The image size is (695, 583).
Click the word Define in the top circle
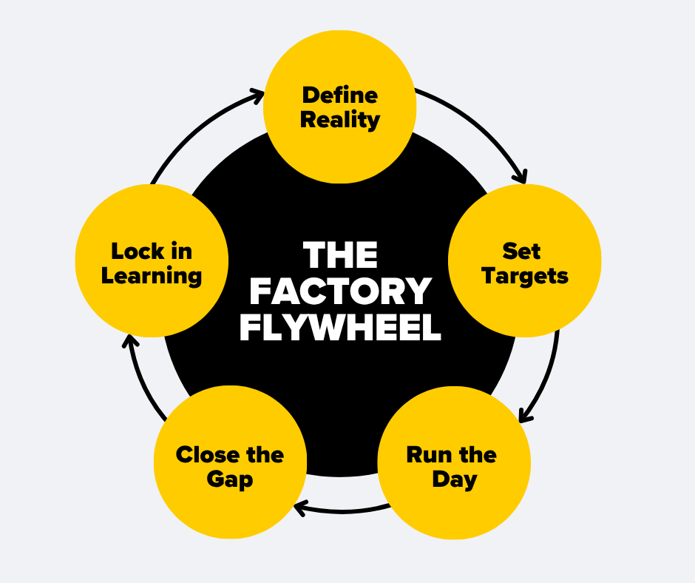point(340,95)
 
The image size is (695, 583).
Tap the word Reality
point(340,120)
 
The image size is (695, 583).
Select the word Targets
point(525,277)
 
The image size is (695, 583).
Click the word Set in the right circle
point(521,251)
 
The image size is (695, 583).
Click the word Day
point(454,479)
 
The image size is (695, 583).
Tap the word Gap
point(230,479)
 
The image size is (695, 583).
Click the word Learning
point(152,277)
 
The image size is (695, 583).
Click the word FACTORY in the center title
point(340,292)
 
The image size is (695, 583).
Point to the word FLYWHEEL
point(340,328)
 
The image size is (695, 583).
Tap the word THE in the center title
point(340,256)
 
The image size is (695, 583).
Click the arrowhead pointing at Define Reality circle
point(257,94)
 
